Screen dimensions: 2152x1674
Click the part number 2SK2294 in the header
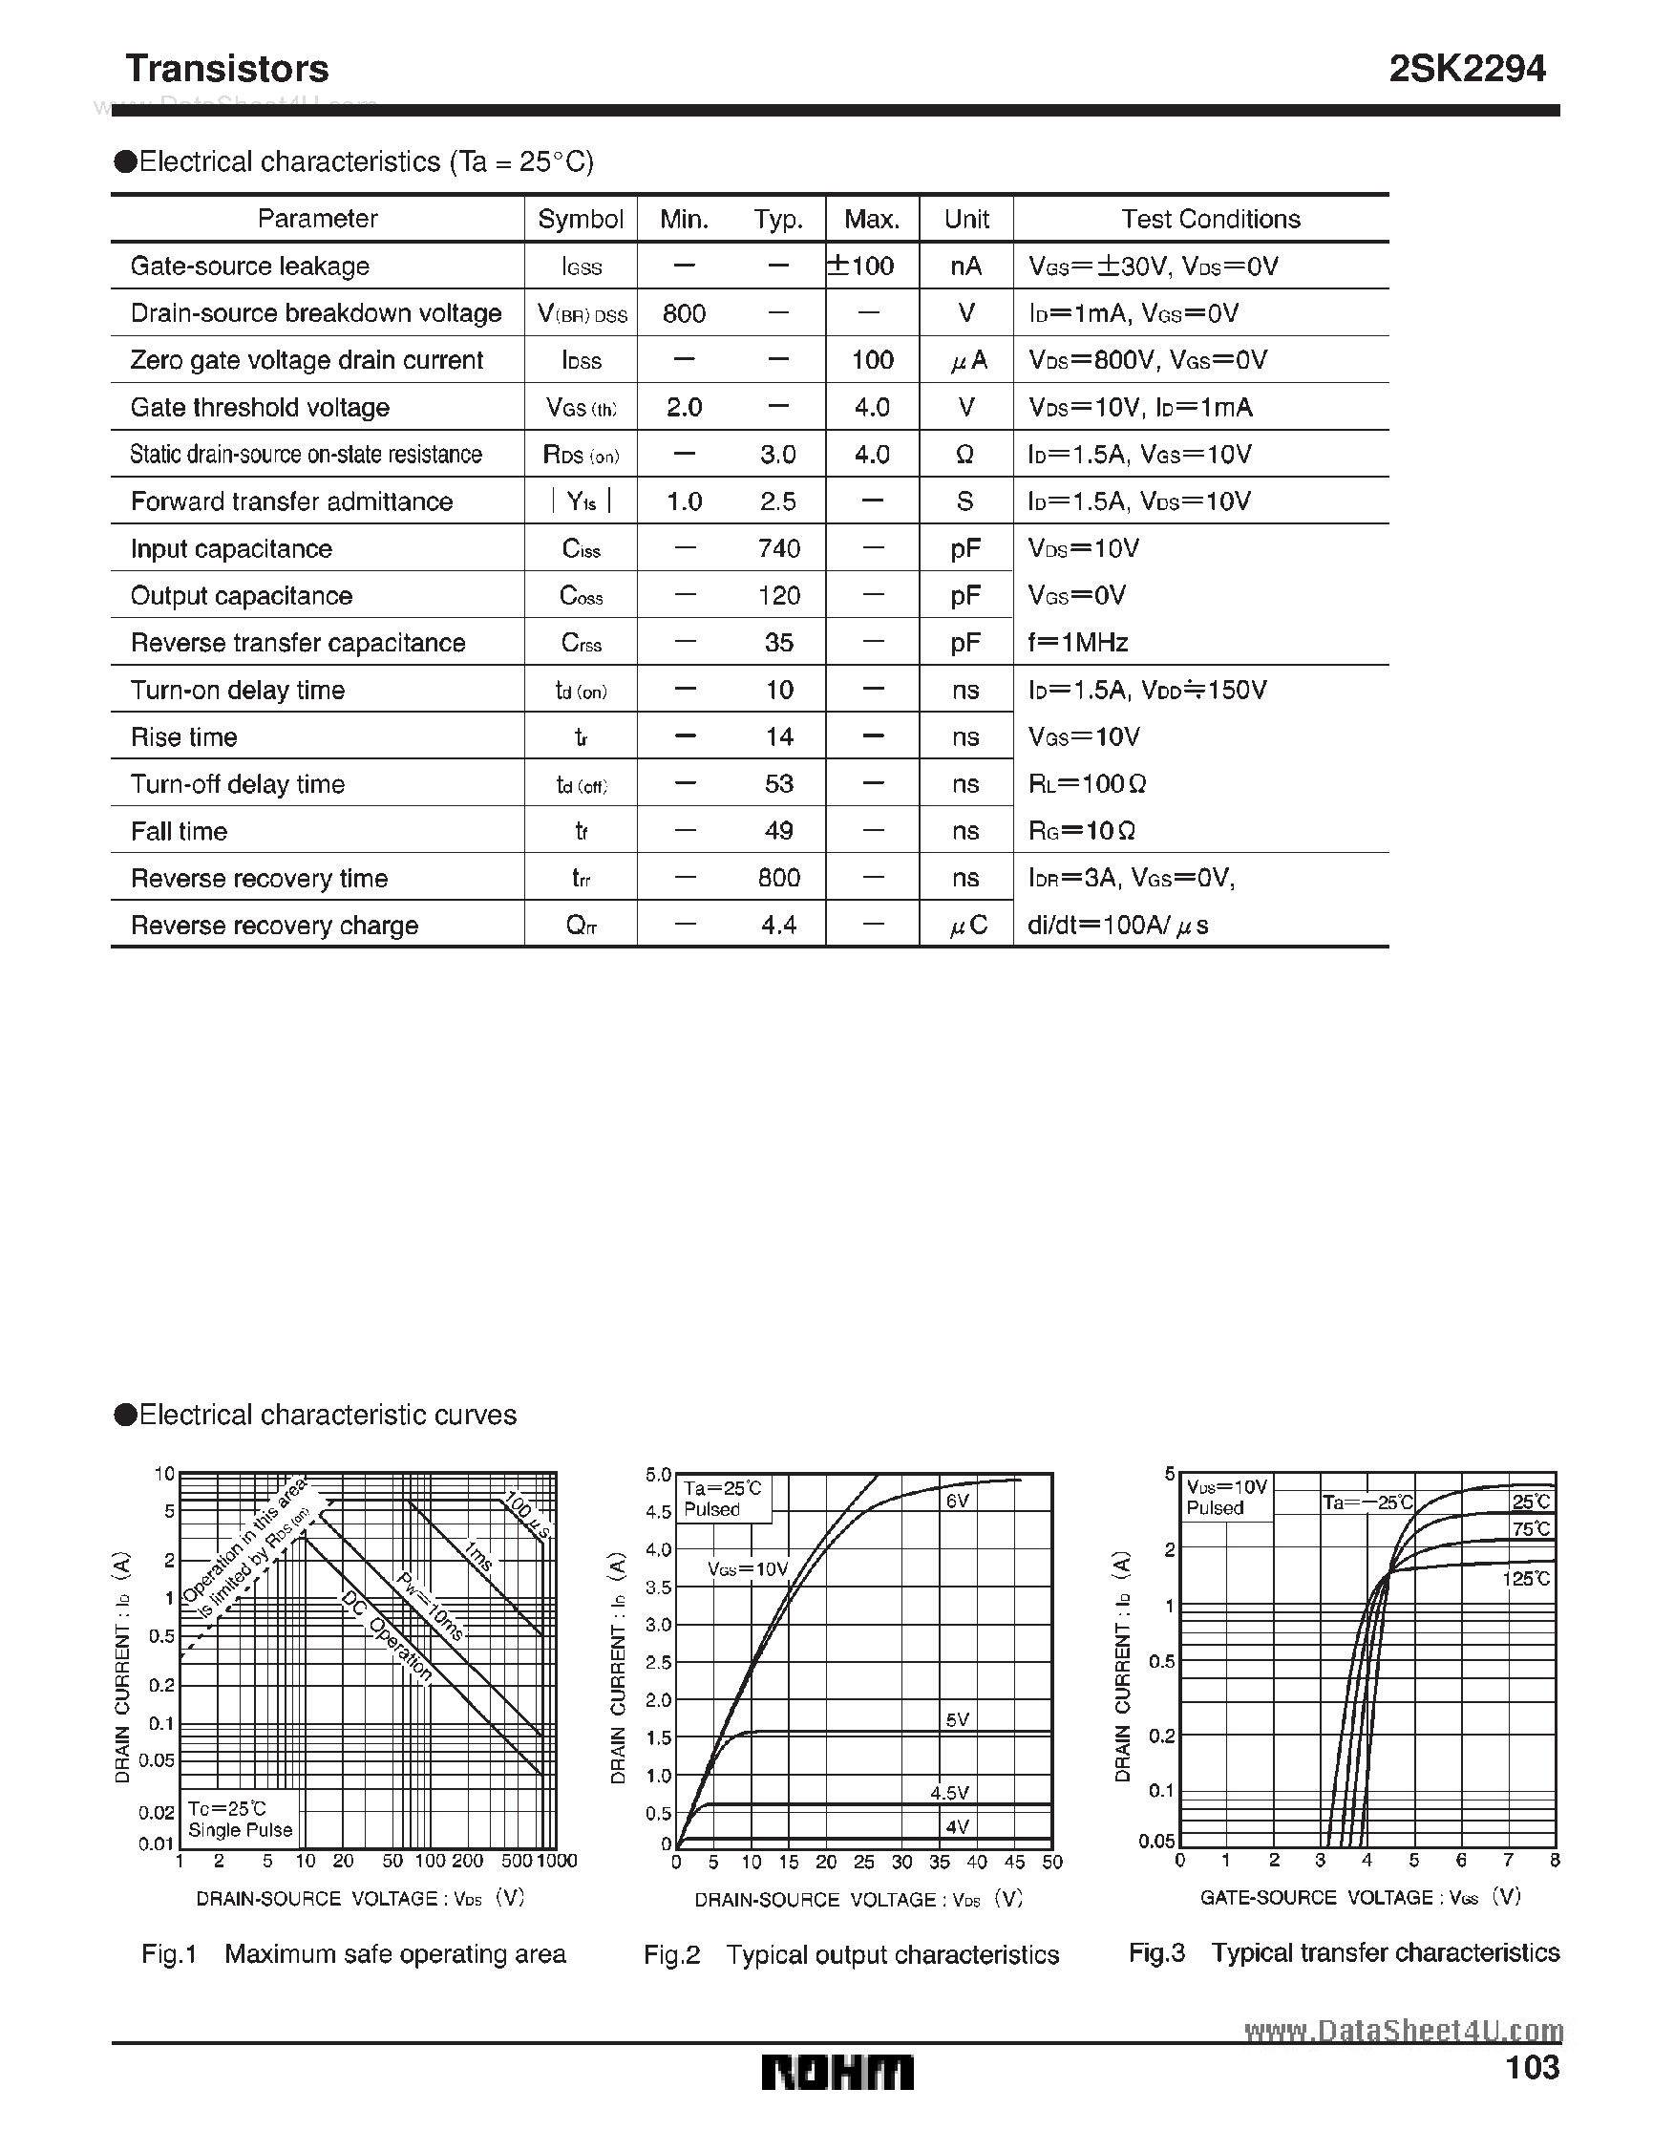pyautogui.click(x=1466, y=68)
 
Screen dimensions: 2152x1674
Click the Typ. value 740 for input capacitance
pyautogui.click(x=778, y=548)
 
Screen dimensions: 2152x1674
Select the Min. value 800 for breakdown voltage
pyautogui.click(x=684, y=313)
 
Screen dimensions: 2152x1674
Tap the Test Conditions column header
pyautogui.click(x=1210, y=219)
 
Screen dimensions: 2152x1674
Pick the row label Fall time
pyautogui.click(x=180, y=832)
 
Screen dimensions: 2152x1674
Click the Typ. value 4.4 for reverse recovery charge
pyautogui.click(x=778, y=926)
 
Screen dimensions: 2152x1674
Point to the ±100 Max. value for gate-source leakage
pyautogui.click(x=861, y=266)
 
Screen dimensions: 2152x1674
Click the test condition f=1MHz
pyautogui.click(x=1078, y=643)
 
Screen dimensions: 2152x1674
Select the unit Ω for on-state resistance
pyautogui.click(x=964, y=455)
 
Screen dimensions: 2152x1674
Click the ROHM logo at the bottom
pyautogui.click(x=837, y=2073)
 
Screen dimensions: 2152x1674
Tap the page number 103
pyautogui.click(x=1532, y=2066)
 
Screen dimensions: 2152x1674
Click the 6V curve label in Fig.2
pyautogui.click(x=958, y=1502)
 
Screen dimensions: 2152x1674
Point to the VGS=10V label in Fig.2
pyautogui.click(x=748, y=1569)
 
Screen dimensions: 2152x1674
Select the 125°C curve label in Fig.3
pyautogui.click(x=1526, y=1579)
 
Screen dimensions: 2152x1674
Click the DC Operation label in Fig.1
pyautogui.click(x=386, y=1636)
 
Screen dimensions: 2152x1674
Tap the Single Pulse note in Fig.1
pyautogui.click(x=241, y=1830)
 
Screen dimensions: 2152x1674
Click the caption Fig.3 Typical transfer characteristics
pyautogui.click(x=1343, y=1952)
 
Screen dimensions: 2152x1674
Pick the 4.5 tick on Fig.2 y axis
pyautogui.click(x=657, y=1511)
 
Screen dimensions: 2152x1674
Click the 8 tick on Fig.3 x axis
pyautogui.click(x=1555, y=1861)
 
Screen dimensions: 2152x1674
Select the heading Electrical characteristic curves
pyautogui.click(x=328, y=1415)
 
